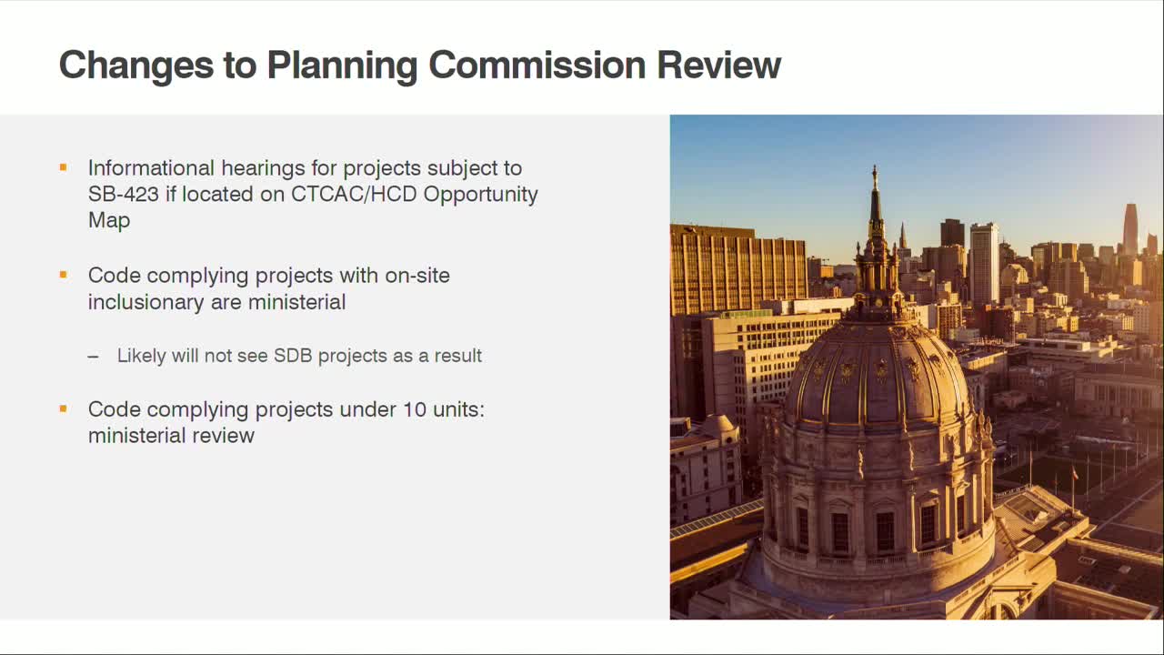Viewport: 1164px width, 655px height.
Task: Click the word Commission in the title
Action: (x=537, y=65)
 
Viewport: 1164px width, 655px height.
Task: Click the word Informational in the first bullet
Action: (x=151, y=168)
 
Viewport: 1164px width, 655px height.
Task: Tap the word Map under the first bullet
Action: (x=109, y=220)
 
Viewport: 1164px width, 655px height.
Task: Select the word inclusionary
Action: (x=146, y=302)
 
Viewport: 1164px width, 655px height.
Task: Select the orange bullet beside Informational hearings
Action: (x=64, y=167)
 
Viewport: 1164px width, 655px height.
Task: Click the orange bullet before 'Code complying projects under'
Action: (x=64, y=409)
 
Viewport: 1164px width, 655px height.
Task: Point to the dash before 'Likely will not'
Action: (x=94, y=356)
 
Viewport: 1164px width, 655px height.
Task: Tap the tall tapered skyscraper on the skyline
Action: (x=1130, y=228)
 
